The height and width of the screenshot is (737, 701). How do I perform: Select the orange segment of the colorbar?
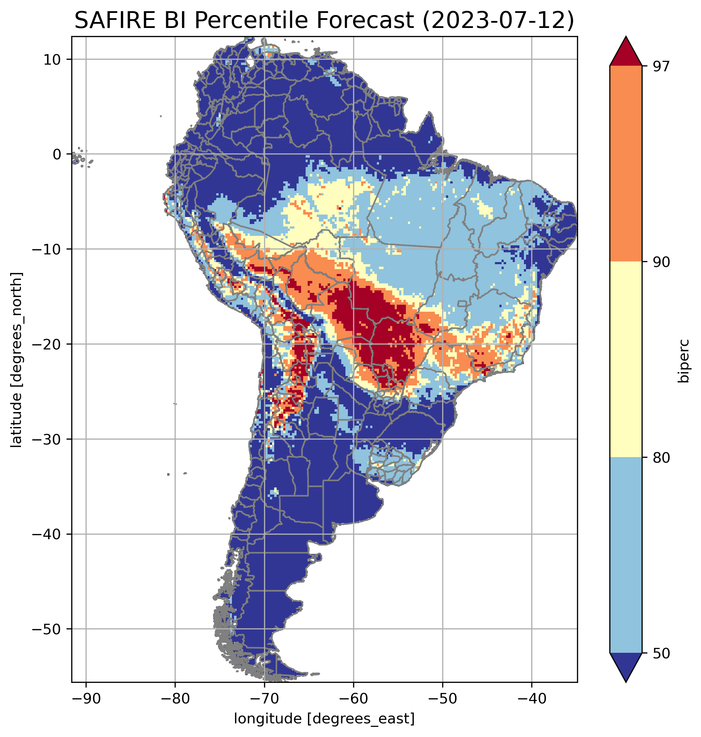[x=626, y=164]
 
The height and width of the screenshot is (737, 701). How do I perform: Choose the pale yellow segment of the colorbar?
[x=626, y=359]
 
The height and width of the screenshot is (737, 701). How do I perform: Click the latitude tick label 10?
[x=52, y=59]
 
